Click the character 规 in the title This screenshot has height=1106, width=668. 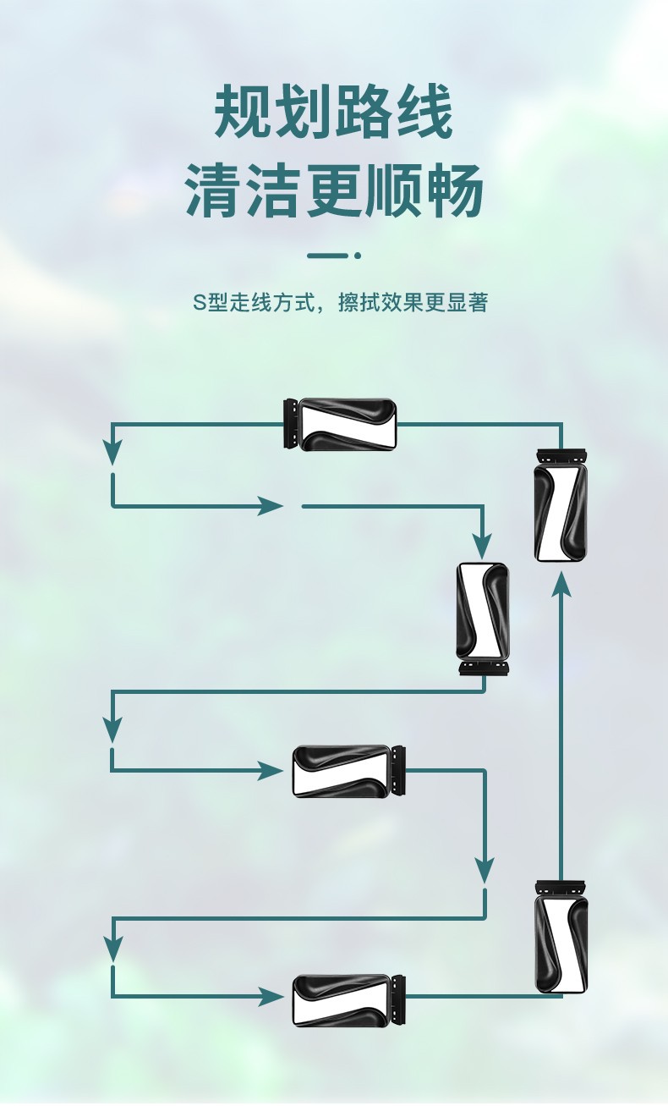(x=244, y=113)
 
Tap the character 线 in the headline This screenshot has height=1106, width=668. (x=424, y=113)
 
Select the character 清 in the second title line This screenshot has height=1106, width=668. (x=214, y=190)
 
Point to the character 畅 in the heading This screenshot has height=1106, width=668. (x=454, y=190)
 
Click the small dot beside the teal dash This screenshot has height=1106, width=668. (x=358, y=255)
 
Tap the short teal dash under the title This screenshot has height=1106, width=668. (x=327, y=255)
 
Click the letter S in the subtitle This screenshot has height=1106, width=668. (x=199, y=303)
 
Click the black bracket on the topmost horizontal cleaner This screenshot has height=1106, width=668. (x=290, y=423)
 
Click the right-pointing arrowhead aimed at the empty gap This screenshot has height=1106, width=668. (x=271, y=506)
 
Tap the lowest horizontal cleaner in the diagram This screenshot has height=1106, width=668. (x=342, y=1000)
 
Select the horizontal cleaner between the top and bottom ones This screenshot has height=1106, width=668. (x=342, y=771)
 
